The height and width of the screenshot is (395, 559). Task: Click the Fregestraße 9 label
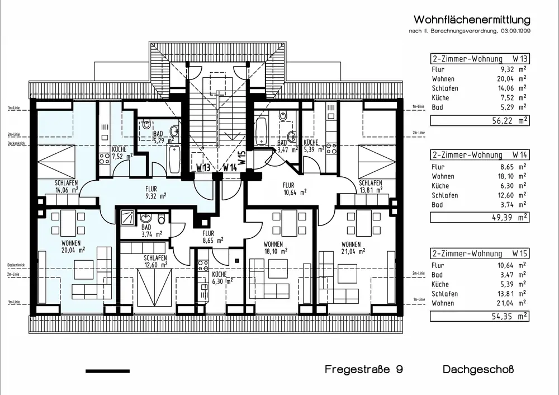pyautogui.click(x=364, y=370)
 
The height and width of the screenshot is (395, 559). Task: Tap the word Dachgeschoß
pyautogui.click(x=478, y=370)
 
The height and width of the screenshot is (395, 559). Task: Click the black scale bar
pyautogui.click(x=107, y=371)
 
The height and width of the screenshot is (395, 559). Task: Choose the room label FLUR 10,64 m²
pyautogui.click(x=294, y=189)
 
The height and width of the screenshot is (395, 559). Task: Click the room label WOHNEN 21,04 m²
pyautogui.click(x=351, y=247)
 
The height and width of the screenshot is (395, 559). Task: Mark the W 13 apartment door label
pyautogui.click(x=203, y=167)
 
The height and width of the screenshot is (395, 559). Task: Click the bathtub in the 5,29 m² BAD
pyautogui.click(x=173, y=159)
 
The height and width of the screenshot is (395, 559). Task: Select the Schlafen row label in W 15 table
pyautogui.click(x=444, y=294)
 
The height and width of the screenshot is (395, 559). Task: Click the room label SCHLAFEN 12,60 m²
pyautogui.click(x=155, y=261)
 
